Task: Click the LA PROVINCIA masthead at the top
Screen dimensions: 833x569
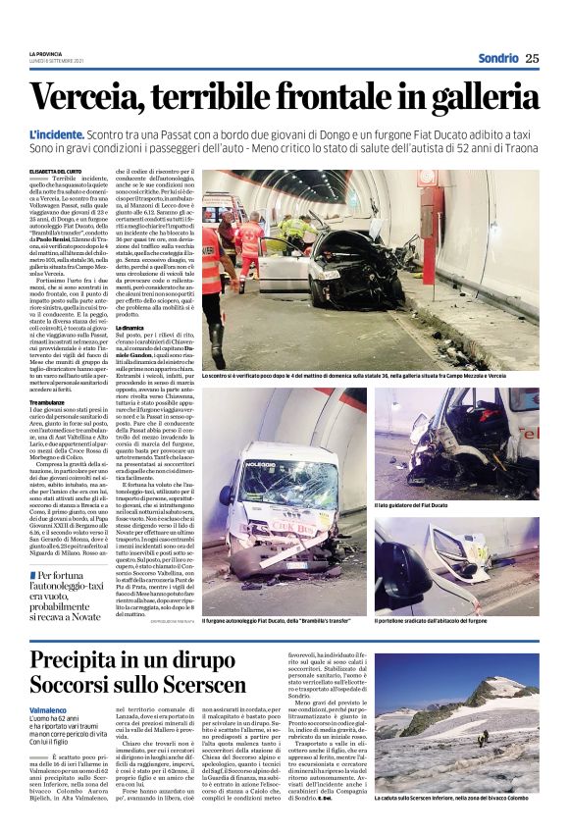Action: click(x=45, y=53)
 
